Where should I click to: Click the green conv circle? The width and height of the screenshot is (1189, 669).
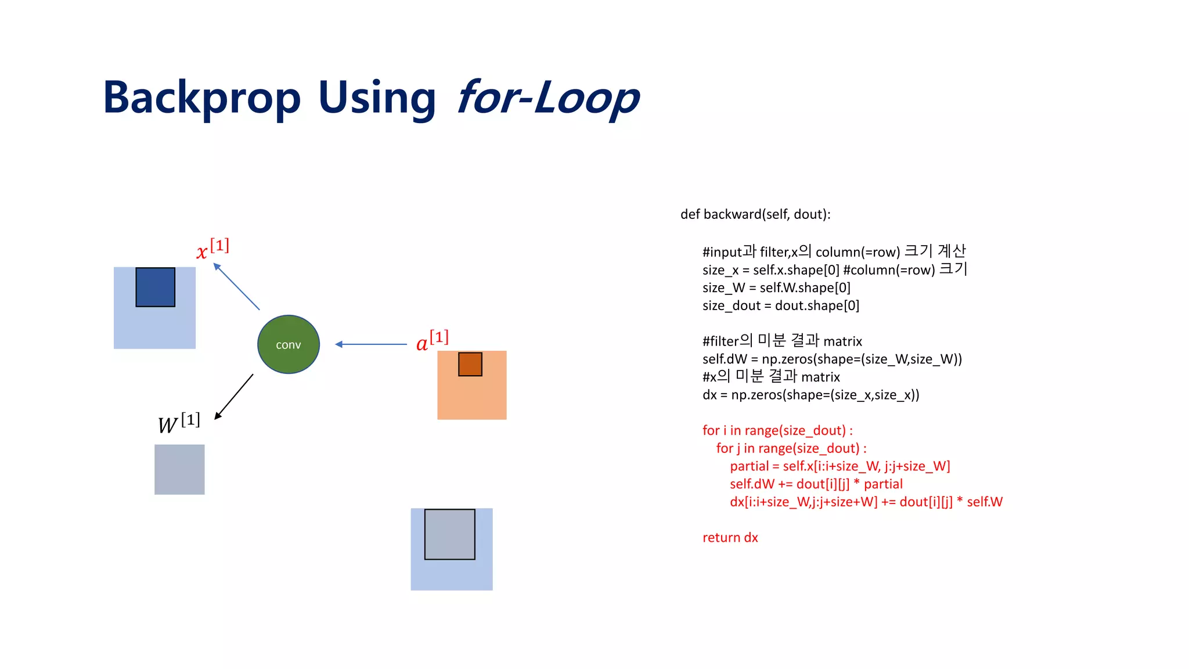click(289, 344)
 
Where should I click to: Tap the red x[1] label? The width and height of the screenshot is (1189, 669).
click(212, 249)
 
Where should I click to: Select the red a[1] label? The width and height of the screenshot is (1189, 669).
click(432, 341)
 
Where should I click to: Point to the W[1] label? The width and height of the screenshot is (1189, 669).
click(178, 423)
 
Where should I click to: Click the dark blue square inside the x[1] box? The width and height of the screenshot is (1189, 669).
click(155, 287)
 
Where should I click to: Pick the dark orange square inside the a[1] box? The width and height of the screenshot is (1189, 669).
click(470, 364)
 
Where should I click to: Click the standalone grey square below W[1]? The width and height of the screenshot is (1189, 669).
click(179, 469)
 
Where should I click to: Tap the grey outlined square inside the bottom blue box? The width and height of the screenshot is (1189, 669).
click(449, 534)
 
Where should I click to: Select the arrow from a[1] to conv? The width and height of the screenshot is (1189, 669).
click(372, 344)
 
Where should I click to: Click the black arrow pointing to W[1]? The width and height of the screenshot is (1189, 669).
click(234, 397)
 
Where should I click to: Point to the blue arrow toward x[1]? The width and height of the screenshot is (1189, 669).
click(236, 286)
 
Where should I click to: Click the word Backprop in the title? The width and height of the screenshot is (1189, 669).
click(201, 98)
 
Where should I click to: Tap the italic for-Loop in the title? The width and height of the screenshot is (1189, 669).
click(548, 98)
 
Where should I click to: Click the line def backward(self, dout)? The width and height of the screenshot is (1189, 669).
click(755, 214)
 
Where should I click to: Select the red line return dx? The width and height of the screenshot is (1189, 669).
click(730, 538)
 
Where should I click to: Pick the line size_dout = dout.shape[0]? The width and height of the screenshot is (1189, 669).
click(780, 305)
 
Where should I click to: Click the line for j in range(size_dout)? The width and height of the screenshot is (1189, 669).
click(791, 448)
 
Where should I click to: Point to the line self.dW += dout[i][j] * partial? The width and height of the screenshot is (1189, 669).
click(816, 484)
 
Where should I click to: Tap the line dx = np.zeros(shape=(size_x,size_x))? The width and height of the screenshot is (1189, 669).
click(810, 395)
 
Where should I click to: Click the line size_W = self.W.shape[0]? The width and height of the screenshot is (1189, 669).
click(776, 287)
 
